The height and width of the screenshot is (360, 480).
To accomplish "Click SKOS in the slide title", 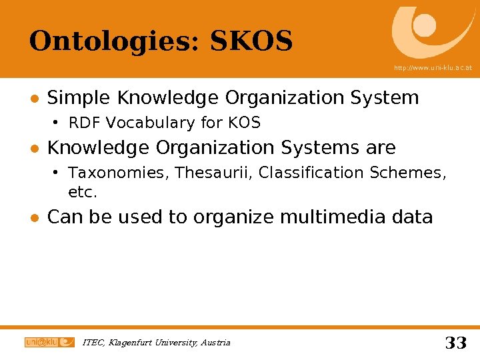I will click(251, 41).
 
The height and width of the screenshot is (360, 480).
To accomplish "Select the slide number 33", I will click(455, 343).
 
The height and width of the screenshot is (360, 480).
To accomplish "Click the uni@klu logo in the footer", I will click(49, 342).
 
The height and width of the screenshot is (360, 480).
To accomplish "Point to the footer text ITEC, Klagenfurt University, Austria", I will click(156, 343).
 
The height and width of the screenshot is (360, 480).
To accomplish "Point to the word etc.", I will click(83, 193).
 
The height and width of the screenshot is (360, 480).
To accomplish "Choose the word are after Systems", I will click(379, 147).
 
